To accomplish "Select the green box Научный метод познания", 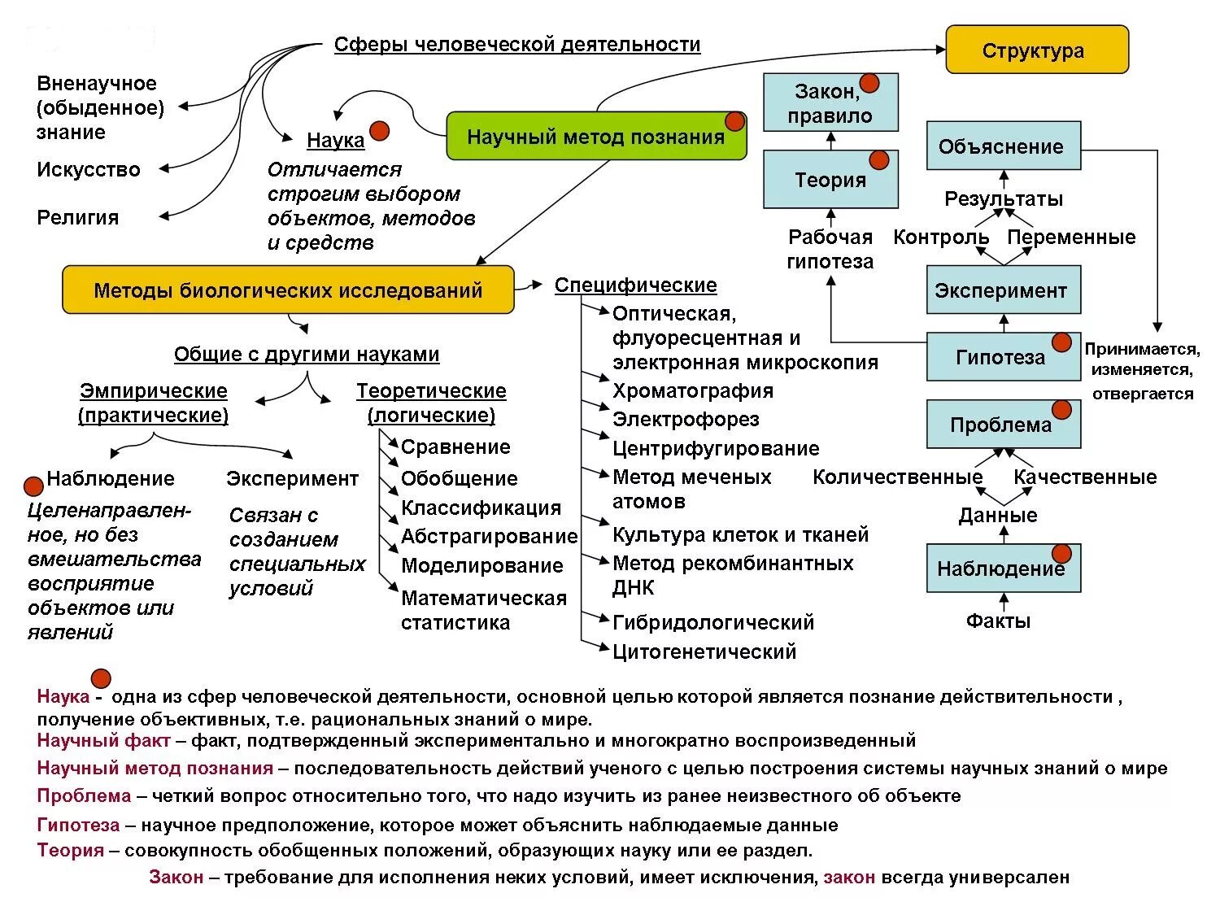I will point(595,137).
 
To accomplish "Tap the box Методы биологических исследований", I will point(288,290).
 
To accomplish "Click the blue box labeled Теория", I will point(830,180).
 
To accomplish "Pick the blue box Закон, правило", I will point(830,103).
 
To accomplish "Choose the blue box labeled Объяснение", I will point(1003,146).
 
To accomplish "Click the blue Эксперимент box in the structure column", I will point(1003,290).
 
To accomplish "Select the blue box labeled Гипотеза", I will point(1003,357).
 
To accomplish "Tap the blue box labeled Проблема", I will point(1003,425).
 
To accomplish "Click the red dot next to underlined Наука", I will point(379,131).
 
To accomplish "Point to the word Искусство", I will point(89,170).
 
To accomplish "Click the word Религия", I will point(78,218).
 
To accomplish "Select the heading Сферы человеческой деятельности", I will point(517,45).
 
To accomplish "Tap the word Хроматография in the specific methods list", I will point(692,391).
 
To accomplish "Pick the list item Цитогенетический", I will point(704,651).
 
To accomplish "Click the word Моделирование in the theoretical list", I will point(481,566).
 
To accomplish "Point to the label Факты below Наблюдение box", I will point(998,621).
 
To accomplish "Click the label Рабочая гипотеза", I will point(830,250).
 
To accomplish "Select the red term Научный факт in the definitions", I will point(103,741).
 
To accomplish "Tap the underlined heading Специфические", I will point(635,285).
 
